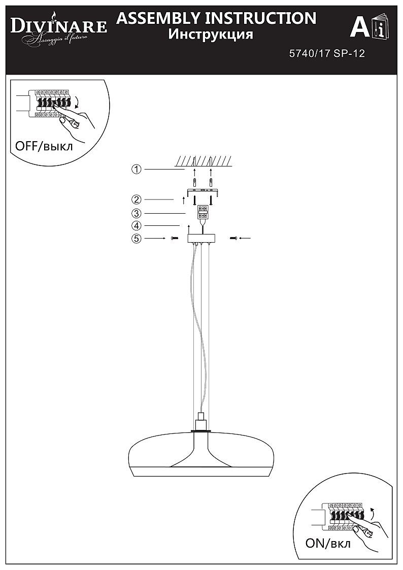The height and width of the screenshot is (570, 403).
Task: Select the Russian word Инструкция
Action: (211, 35)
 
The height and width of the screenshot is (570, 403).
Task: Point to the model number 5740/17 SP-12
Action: (327, 54)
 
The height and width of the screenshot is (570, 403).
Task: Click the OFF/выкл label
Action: (44, 146)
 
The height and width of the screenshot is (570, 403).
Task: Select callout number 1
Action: (136, 170)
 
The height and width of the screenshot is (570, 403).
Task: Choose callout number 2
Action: (136, 199)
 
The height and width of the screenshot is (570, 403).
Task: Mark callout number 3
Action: (136, 213)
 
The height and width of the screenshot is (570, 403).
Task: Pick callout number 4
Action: (136, 226)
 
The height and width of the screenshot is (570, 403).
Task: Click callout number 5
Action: (136, 239)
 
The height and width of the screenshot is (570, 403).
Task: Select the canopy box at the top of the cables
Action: (201, 239)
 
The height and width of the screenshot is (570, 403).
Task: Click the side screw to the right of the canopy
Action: (233, 238)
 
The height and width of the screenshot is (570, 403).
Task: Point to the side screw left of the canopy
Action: (174, 238)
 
